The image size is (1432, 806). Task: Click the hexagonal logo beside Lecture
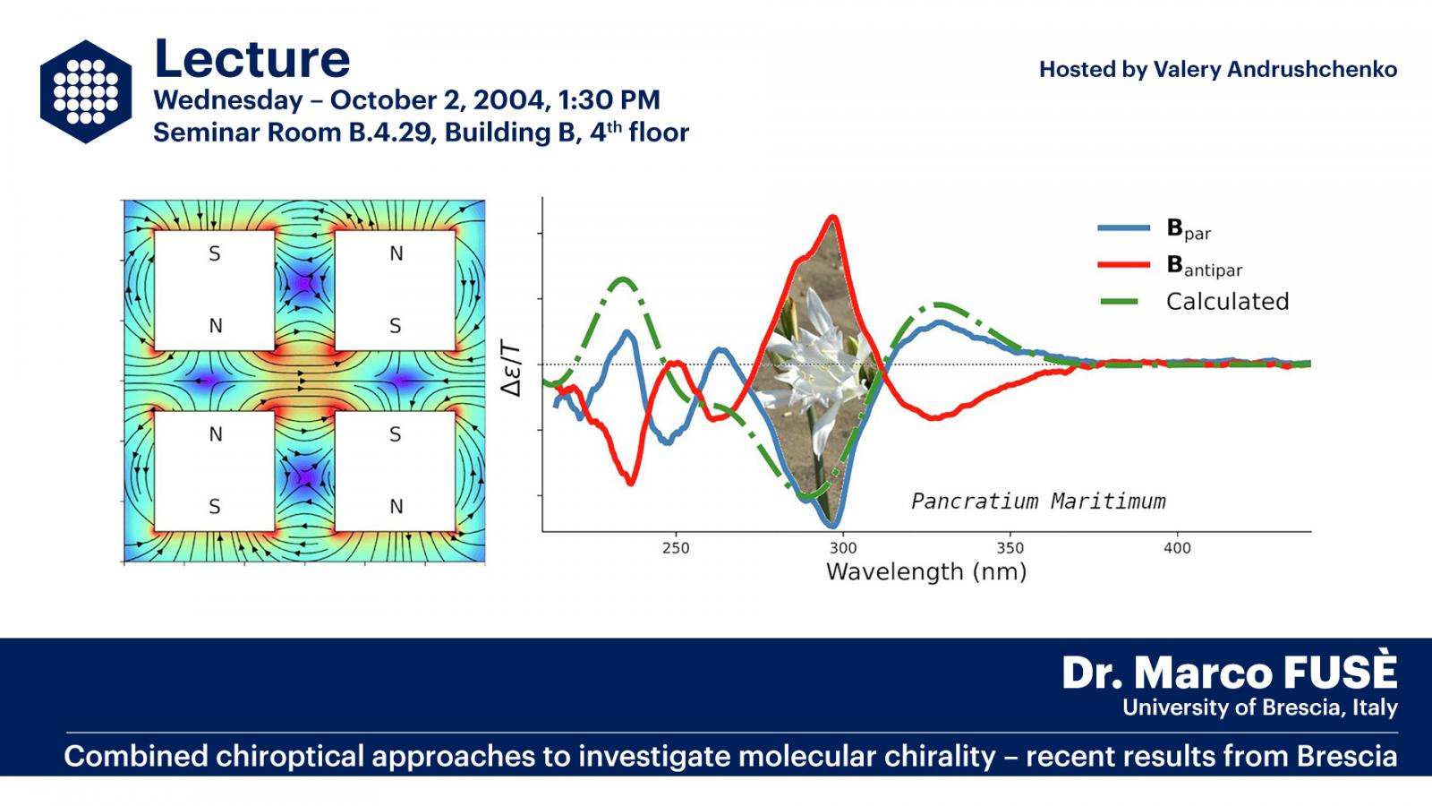[x=86, y=91]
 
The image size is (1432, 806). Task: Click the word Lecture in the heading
[x=251, y=59]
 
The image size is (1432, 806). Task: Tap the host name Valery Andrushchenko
[x=1274, y=69]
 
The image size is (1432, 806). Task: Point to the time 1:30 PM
[x=609, y=99]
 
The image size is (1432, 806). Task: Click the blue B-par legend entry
[x=1155, y=228]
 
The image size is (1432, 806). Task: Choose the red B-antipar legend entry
[x=1170, y=265]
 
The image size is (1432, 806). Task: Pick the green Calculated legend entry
[x=1193, y=301]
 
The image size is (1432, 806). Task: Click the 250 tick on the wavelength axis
[x=676, y=548]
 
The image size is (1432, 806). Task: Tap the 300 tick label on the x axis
[x=843, y=548]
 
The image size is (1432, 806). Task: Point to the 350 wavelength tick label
[x=1010, y=548]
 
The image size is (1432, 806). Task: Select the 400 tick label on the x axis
[x=1177, y=548]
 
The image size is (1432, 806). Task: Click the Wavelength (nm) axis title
[x=926, y=571]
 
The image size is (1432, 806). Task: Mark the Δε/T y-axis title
[x=511, y=371]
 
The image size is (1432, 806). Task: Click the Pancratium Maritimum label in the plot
[x=1038, y=501]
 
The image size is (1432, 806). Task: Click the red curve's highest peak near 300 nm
[x=833, y=217]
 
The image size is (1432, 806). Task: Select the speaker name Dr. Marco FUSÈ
[x=1230, y=673]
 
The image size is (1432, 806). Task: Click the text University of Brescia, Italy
[x=1260, y=707]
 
